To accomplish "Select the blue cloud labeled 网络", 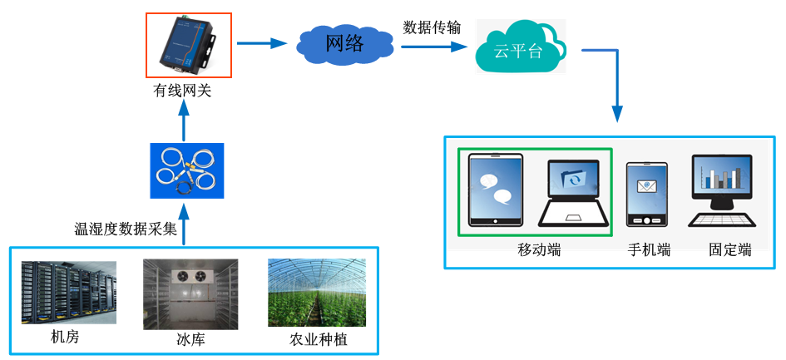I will coord(344,44).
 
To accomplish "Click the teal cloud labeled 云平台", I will coord(520,48).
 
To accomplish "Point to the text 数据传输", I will coord(432,27).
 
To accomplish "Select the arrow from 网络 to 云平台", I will coord(433,47).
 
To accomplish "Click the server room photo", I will coord(69,293).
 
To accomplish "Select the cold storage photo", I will coord(190,293).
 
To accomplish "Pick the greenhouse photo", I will coord(316,293).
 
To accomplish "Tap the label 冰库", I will coord(190,339).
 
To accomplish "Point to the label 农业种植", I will coord(318,339).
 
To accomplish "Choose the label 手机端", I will coord(649,249).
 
